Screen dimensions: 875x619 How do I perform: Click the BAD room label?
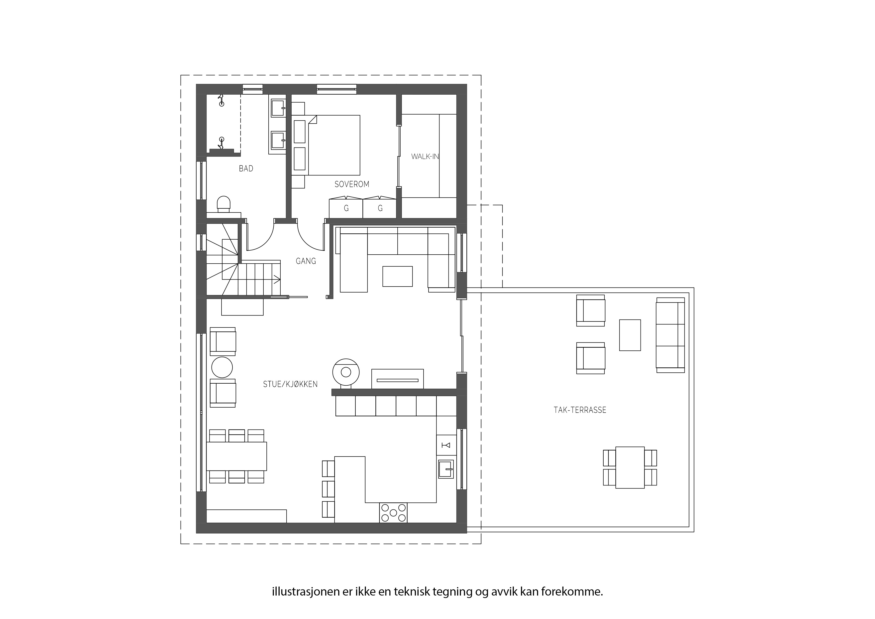246,168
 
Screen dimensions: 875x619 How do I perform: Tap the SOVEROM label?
352,184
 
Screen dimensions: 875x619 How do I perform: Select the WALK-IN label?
425,156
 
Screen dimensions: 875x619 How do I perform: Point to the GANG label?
306,261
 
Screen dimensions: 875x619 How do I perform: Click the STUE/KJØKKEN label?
290,384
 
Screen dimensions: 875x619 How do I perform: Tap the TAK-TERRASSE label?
580,410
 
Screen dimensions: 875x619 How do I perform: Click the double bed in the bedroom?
334,145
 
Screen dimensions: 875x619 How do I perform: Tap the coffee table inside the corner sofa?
398,276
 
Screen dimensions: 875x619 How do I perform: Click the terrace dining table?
630,467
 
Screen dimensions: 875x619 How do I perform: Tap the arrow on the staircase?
276,280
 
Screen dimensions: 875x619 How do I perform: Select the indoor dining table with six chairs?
236,456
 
